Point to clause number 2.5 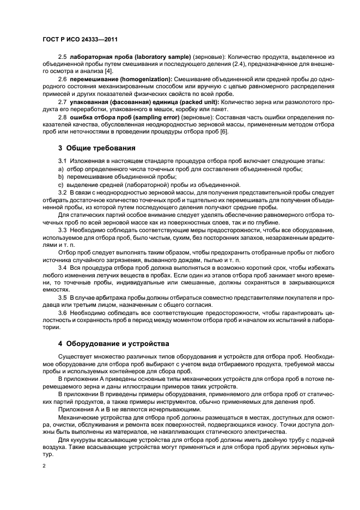62,57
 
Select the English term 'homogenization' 143,79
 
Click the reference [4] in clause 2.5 109,71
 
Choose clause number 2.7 62,101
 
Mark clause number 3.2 62,192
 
